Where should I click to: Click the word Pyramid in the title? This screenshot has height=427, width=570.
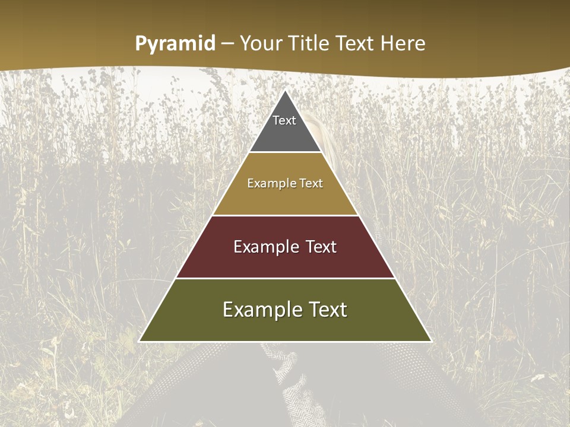point(175,44)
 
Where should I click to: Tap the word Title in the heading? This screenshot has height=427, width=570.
point(310,43)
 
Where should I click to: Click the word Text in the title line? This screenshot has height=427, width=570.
point(355,43)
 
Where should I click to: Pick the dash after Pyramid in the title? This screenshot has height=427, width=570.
point(227,44)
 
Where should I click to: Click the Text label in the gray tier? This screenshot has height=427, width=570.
point(284,120)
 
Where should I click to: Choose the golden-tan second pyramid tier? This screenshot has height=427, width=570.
point(285,199)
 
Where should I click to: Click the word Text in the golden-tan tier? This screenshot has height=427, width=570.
point(311,183)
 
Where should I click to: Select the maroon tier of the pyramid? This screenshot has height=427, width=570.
point(285,261)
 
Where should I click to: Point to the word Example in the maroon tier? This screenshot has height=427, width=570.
point(266,247)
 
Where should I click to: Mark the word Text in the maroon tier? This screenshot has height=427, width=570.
point(321,247)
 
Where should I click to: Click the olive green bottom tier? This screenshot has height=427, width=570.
point(285,326)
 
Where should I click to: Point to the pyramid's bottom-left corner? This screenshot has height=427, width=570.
point(140,341)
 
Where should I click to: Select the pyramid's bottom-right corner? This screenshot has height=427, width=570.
point(430,341)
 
